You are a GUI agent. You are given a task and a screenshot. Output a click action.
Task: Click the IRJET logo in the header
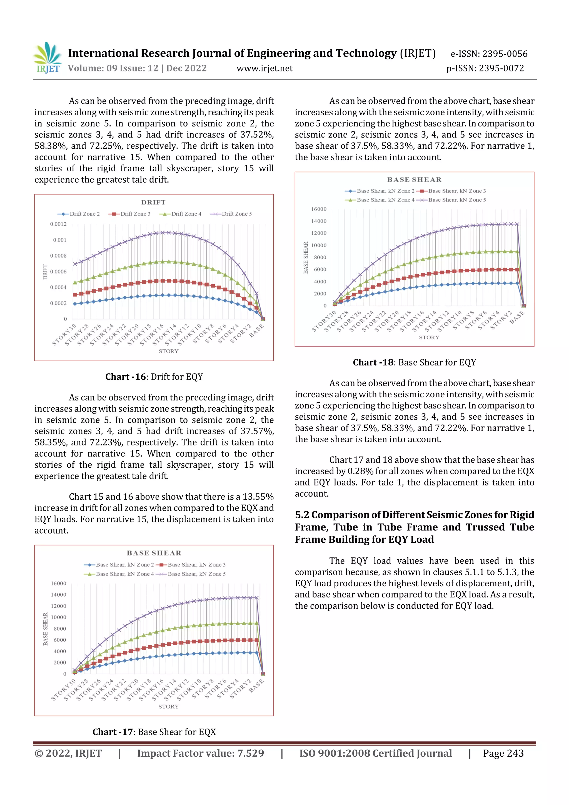[x=48, y=58]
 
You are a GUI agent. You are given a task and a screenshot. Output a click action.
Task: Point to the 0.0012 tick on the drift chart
[x=58, y=224]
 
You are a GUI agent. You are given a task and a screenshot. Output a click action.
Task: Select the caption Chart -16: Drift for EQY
[x=154, y=377]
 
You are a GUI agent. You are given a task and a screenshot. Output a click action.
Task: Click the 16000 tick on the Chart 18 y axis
[x=319, y=209]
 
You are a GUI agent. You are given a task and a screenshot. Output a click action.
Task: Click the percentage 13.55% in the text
[x=258, y=497]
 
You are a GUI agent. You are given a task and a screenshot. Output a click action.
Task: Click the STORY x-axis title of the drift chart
[x=169, y=351]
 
